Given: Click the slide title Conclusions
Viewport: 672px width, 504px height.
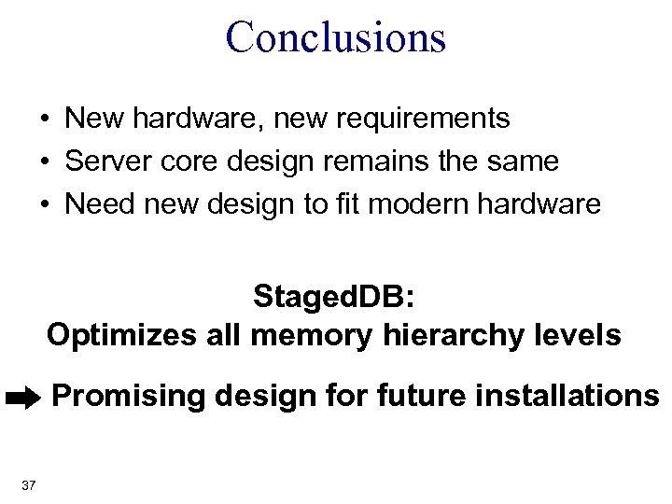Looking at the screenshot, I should click(x=336, y=36).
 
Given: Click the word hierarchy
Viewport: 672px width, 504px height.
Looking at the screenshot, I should click(x=450, y=335).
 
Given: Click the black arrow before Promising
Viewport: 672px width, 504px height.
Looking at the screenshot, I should click(x=21, y=399).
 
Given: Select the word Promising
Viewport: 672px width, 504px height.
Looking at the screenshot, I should click(x=131, y=398).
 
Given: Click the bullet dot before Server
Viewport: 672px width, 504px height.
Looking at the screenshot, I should click(x=45, y=162).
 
